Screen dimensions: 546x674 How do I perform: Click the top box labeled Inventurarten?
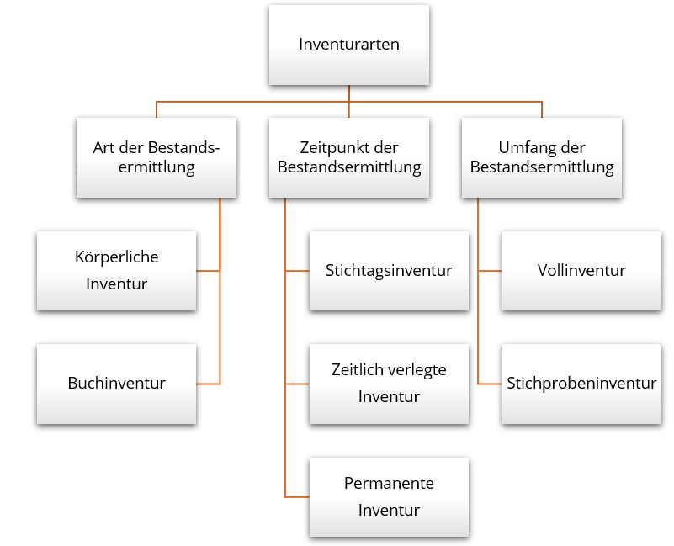(348, 45)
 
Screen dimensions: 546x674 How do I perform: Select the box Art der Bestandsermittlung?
(156, 157)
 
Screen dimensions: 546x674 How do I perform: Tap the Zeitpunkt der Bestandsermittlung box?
(348, 157)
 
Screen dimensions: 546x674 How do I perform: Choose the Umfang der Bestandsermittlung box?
(542, 157)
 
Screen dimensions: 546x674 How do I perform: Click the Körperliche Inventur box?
(116, 270)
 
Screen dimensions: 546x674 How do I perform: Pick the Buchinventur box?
(116, 384)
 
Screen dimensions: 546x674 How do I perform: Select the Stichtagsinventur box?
(389, 270)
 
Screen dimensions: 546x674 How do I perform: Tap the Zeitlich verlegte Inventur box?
(389, 384)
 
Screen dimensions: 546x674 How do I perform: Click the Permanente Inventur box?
(389, 496)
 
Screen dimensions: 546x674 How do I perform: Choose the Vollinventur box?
(581, 270)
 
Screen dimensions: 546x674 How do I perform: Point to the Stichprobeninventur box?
(581, 384)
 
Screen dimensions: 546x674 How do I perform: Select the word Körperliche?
(116, 257)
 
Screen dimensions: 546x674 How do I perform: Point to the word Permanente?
(389, 484)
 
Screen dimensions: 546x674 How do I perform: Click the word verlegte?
(418, 370)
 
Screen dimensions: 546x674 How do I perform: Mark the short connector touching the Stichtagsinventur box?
(297, 271)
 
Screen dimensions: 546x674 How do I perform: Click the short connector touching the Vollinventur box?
(490, 271)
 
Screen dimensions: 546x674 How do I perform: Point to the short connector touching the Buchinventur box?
(208, 384)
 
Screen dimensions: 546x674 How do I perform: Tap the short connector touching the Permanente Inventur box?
(297, 496)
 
